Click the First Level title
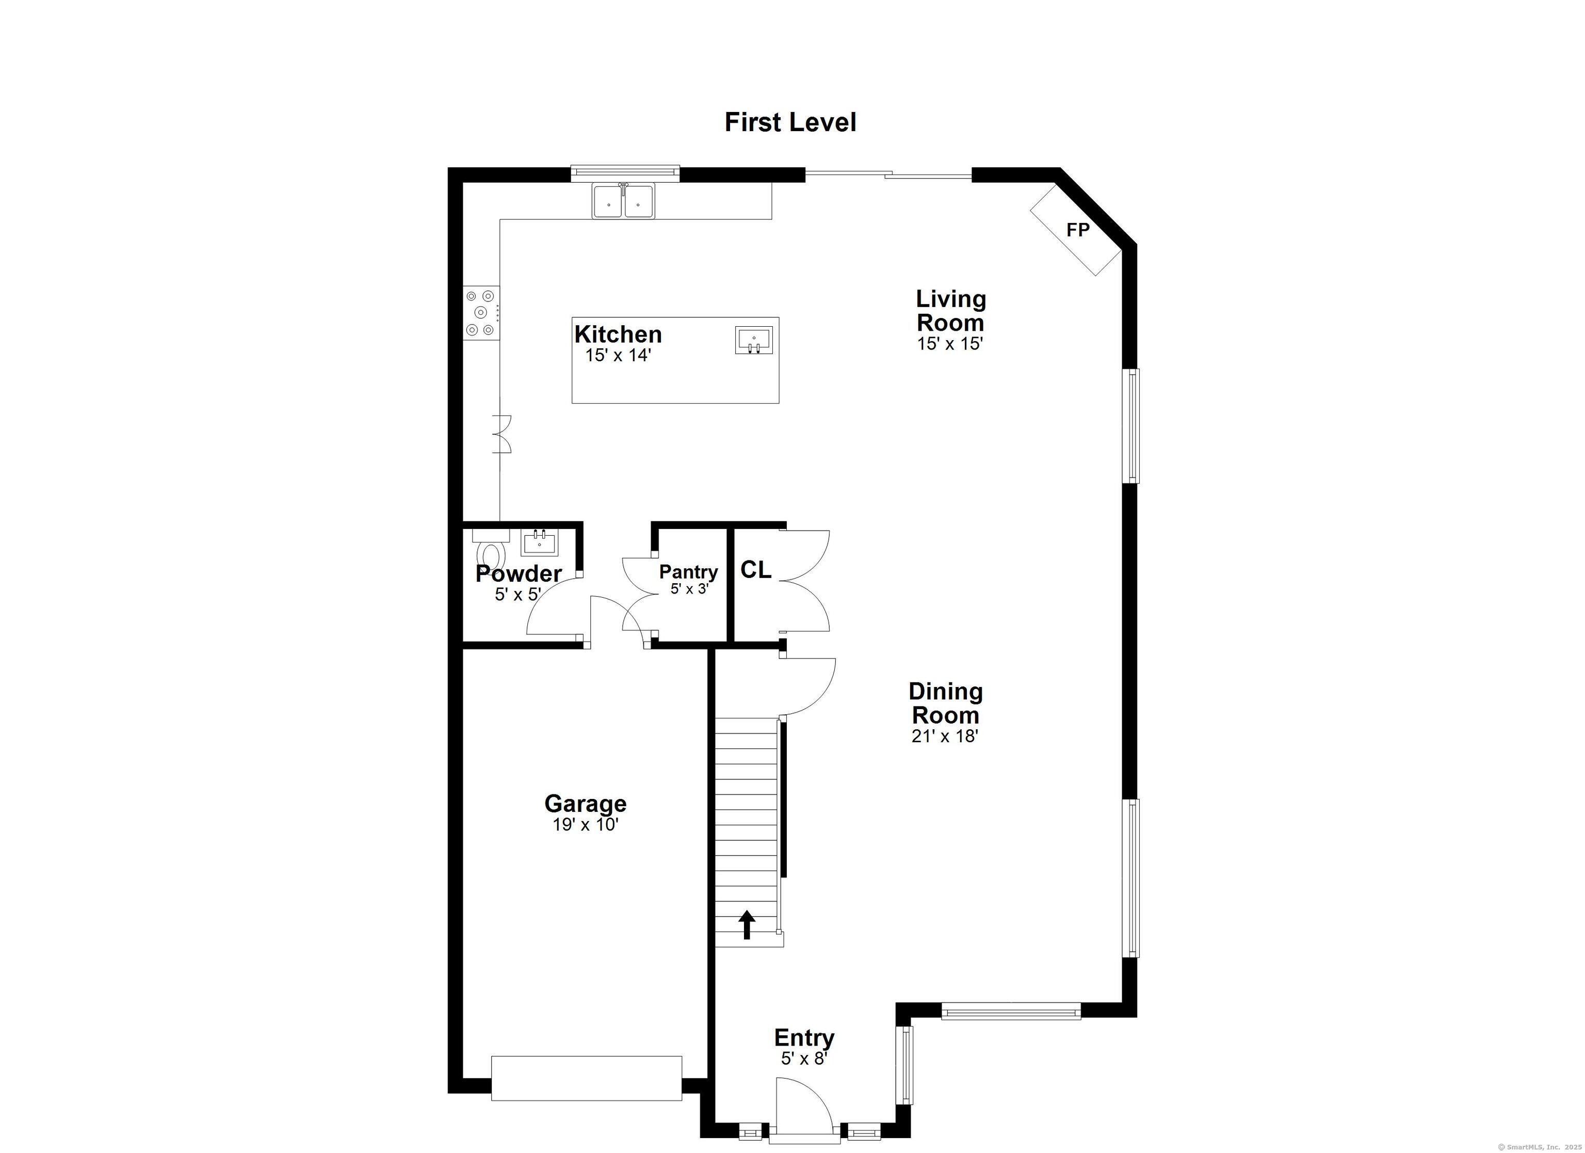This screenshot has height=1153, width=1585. point(790,122)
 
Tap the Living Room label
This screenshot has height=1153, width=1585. point(950,311)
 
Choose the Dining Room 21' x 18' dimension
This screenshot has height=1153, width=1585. point(944,735)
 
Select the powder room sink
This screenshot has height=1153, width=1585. point(540,542)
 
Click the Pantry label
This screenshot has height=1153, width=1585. point(688,572)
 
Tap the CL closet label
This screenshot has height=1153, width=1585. point(755,570)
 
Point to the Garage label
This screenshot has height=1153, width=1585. point(585,804)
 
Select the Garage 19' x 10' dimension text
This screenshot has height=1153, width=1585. point(585,825)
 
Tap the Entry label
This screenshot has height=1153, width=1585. point(804,1037)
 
